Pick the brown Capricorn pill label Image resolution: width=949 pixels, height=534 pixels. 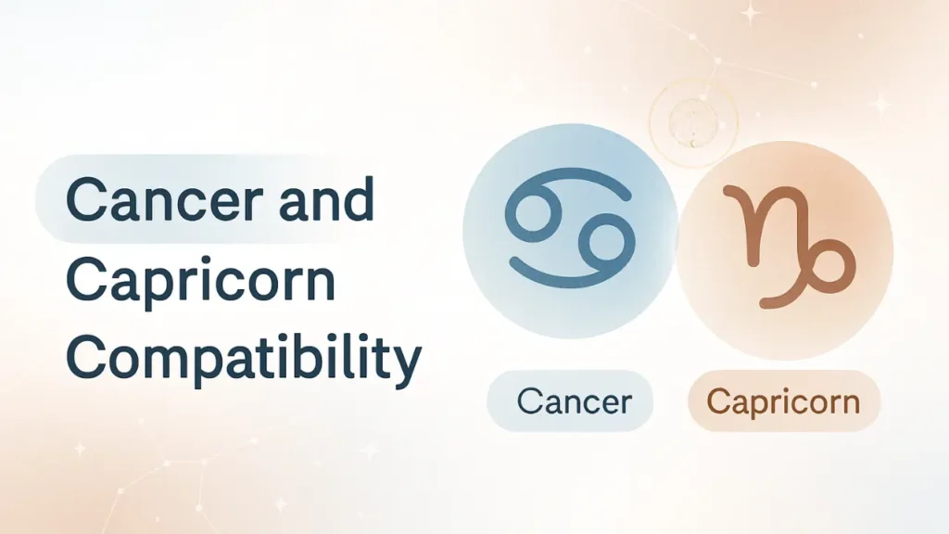click(x=783, y=401)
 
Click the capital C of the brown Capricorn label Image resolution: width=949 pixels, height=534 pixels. click(x=715, y=401)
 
